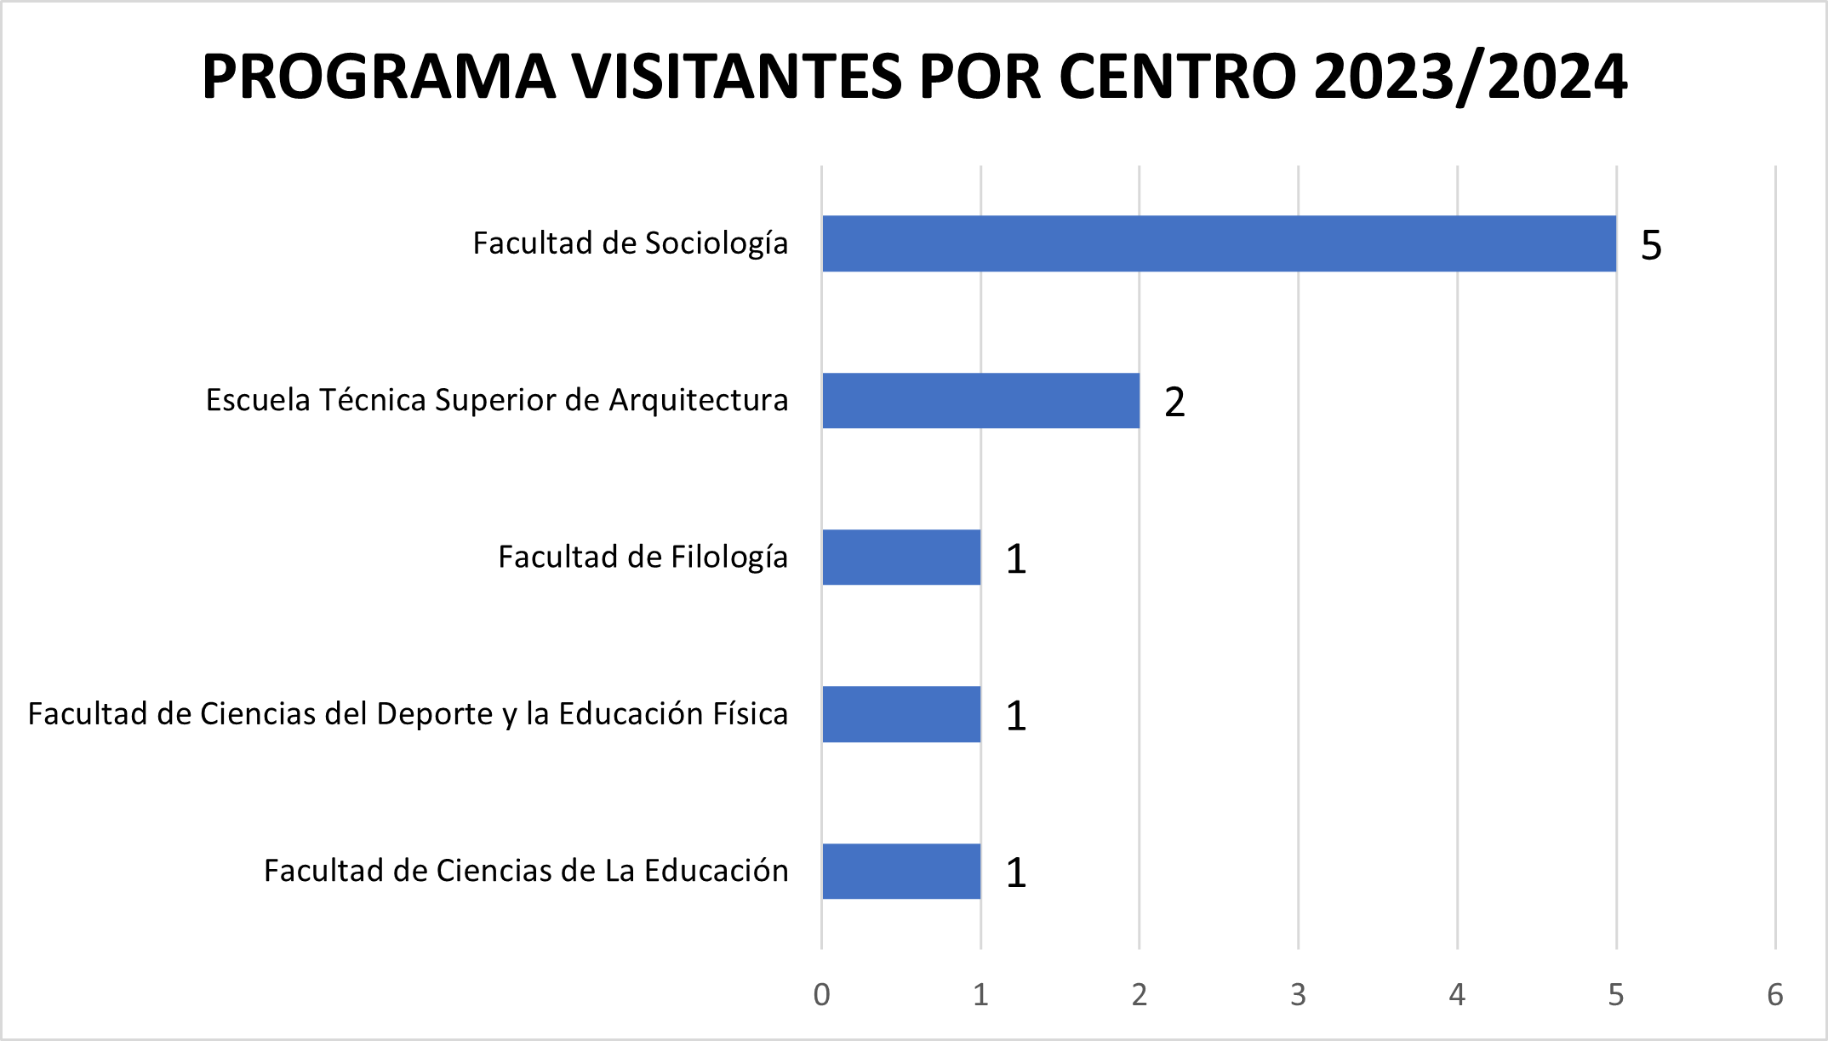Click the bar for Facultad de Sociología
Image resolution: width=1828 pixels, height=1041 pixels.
coord(1219,243)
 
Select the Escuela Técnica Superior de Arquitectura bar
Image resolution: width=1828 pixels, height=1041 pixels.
coord(980,401)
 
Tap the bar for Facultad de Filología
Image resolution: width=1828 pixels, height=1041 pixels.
coord(901,558)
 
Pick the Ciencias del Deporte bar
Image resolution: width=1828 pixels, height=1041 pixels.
coord(901,714)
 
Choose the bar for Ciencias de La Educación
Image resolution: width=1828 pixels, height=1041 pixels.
coord(901,871)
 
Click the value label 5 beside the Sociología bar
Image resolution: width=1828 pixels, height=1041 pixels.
coord(1651,245)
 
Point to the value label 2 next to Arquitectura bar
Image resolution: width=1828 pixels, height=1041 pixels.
coord(1174,402)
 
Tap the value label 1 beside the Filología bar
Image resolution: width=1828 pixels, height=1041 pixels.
coord(1016,559)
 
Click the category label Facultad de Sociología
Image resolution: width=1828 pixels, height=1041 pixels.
coord(630,243)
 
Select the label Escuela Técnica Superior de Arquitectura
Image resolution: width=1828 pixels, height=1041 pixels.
coord(497,400)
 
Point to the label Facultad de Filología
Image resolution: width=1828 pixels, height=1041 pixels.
coord(643,557)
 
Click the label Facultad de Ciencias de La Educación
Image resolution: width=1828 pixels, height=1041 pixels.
coord(526,871)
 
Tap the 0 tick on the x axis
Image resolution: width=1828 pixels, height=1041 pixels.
coord(821,994)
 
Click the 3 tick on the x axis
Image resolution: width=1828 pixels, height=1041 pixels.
coord(1298,994)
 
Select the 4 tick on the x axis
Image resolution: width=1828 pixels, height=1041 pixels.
coord(1457,994)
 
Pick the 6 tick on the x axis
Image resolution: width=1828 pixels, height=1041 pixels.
coord(1775,994)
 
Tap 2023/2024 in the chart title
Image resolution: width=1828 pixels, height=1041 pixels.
coord(1471,77)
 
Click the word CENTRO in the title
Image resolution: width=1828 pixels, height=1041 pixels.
coord(1178,77)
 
